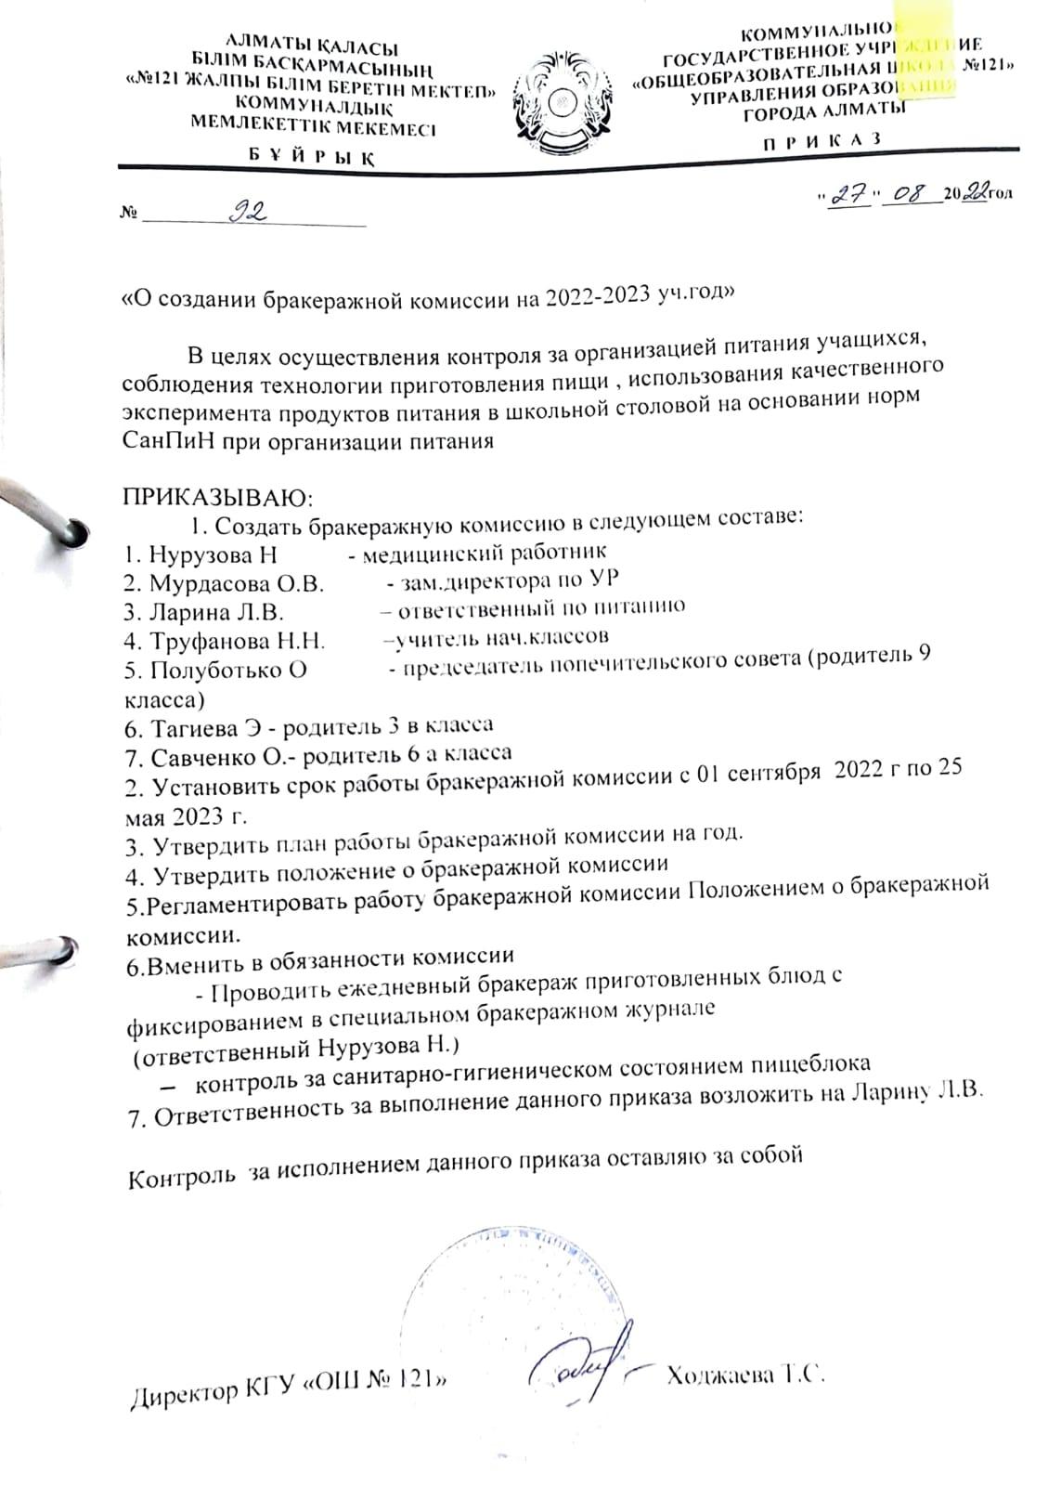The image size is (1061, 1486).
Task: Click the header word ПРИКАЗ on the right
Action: click(x=821, y=140)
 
